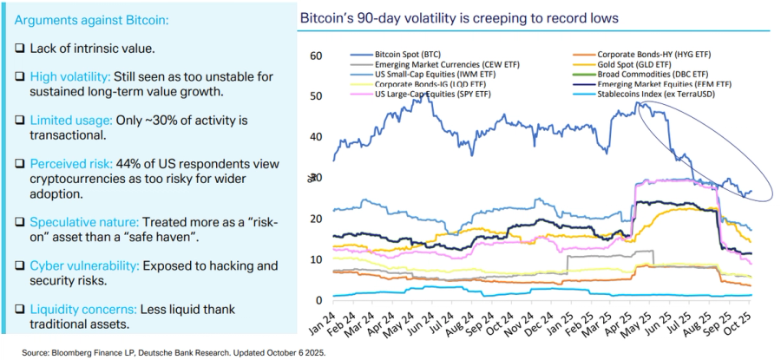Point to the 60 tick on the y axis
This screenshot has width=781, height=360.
316,56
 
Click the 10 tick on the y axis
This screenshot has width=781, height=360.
316,259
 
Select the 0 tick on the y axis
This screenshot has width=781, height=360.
318,300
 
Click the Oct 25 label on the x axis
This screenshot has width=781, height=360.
744,327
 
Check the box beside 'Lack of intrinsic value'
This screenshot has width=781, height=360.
19,49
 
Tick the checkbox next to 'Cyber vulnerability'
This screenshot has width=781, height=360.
19,264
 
